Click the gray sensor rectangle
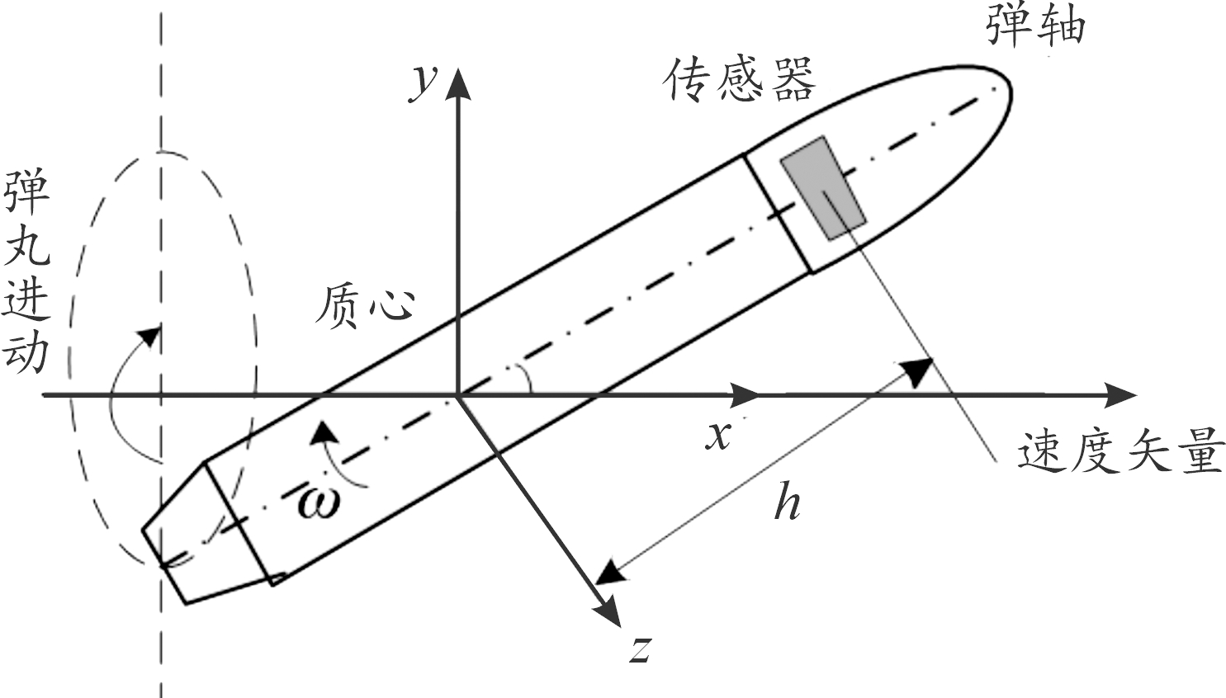pos(823,188)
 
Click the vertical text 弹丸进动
pos(26,272)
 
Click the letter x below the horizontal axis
pos(718,435)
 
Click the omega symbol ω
pos(319,502)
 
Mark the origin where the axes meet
pos(457,395)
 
